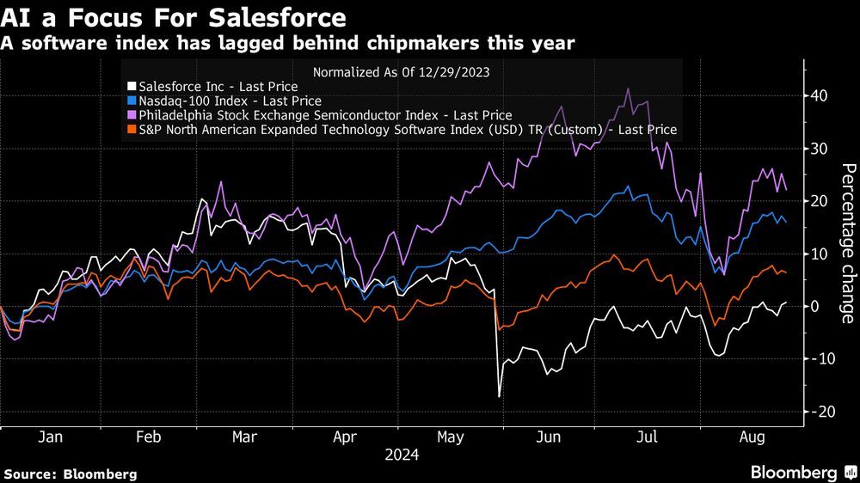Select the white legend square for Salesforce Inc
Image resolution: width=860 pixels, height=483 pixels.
[x=131, y=87]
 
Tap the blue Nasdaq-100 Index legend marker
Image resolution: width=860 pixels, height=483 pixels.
[x=131, y=101]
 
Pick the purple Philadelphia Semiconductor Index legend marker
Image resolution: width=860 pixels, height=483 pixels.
[x=131, y=115]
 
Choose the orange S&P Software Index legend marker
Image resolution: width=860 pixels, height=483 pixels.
[x=131, y=130]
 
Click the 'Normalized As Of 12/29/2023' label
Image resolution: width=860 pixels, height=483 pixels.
[x=402, y=72]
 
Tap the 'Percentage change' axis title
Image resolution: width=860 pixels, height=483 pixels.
[x=847, y=243]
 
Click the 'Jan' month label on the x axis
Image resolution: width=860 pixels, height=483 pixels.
[x=50, y=437]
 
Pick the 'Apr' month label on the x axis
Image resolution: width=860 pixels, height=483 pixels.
[x=345, y=437]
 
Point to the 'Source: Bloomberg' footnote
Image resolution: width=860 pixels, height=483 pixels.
[x=71, y=474]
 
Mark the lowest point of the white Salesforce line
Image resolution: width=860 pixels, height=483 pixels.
[x=499, y=396]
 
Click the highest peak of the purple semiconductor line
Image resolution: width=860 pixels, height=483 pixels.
[x=629, y=89]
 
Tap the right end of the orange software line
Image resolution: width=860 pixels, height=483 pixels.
[x=786, y=272]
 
